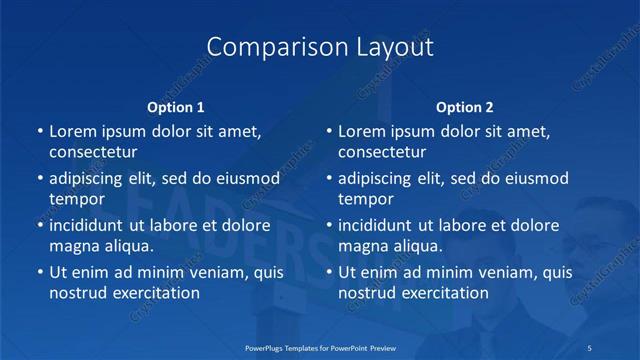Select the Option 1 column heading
pos(176,107)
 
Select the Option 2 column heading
pos(465,107)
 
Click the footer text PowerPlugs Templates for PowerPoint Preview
pos(320,346)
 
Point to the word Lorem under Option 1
pos(73,131)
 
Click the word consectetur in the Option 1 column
pos(93,153)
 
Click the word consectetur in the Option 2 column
pos(382,153)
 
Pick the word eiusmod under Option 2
pos(536,178)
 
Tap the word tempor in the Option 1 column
pos(76,199)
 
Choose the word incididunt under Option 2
pos(377,225)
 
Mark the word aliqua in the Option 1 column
pos(128,246)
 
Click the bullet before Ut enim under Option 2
pos(328,272)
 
